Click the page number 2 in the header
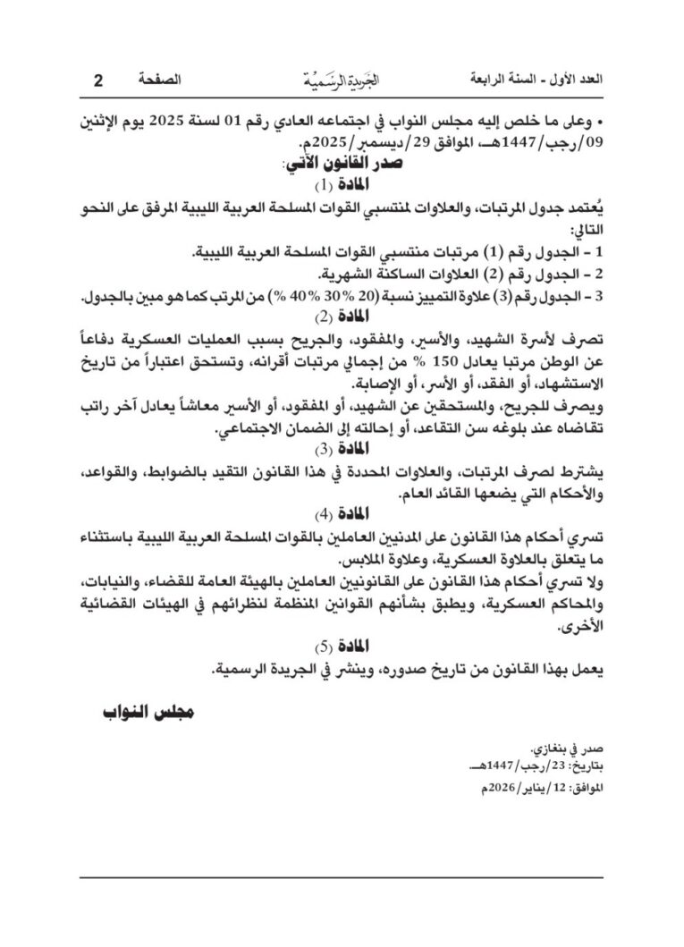(97, 80)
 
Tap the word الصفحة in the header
(153, 80)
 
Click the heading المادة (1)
(342, 185)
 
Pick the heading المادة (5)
(342, 645)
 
